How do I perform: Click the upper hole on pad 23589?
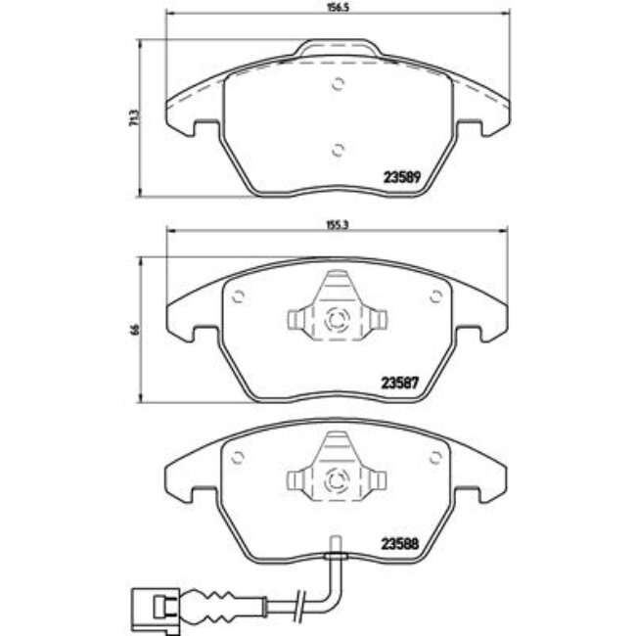(x=338, y=83)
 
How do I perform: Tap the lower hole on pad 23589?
(x=338, y=149)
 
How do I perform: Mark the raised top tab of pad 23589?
(x=338, y=49)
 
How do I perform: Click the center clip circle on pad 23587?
(x=338, y=318)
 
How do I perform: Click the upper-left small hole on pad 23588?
(x=239, y=457)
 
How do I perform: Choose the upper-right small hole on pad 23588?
(x=435, y=457)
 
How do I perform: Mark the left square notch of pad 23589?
(x=205, y=127)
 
